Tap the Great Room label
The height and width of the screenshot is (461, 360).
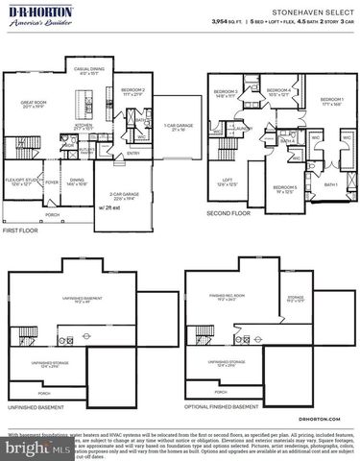point(37,107)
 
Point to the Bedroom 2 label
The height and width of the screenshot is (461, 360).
point(132,92)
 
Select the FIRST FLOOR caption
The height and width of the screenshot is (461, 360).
point(21,230)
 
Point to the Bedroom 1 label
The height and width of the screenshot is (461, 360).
point(332,101)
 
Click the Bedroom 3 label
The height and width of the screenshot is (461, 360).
point(227,93)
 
